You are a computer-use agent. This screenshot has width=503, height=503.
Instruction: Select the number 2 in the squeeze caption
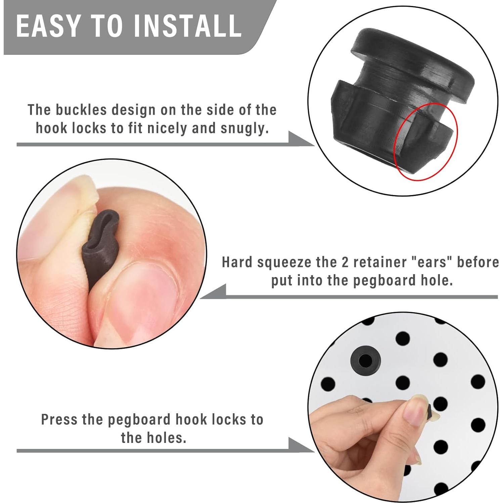[x=345, y=263]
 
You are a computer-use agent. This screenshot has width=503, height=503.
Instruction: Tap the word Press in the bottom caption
[x=58, y=419]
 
